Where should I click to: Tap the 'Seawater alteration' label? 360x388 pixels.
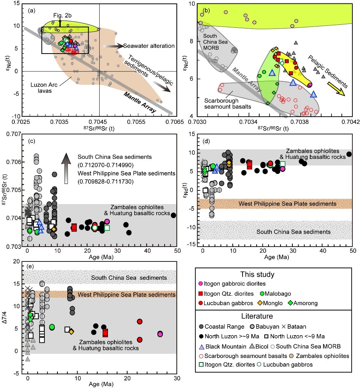coord(149,46)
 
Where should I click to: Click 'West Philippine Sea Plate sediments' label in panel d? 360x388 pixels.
coord(287,204)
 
